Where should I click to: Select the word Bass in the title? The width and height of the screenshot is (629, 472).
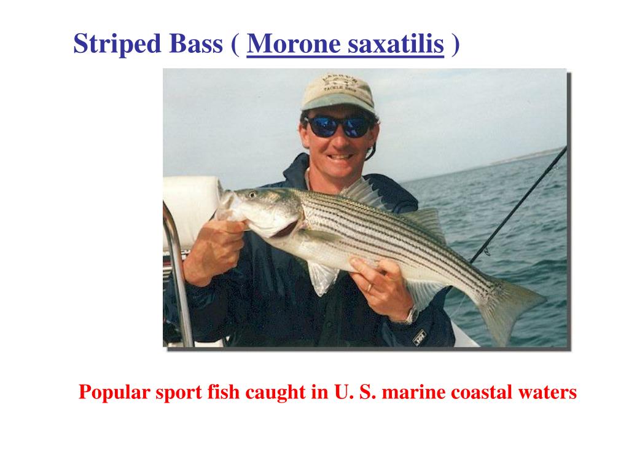point(192,44)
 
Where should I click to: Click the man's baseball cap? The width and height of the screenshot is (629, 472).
point(337,92)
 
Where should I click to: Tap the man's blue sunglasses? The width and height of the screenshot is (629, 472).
point(339,127)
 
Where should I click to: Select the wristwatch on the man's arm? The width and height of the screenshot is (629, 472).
point(409,316)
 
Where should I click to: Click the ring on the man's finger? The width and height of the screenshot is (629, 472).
point(369,286)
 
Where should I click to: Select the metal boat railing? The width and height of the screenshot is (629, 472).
point(178,270)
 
